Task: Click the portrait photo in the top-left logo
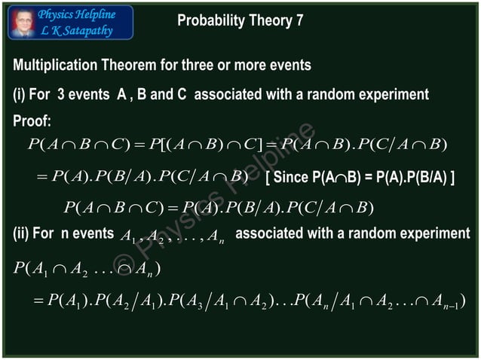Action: coord(22,23)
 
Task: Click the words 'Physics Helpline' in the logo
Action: coord(77,14)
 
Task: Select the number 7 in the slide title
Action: coord(299,20)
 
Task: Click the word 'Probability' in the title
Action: coord(208,20)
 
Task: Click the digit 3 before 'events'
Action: coord(61,96)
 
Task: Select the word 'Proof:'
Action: coord(32,121)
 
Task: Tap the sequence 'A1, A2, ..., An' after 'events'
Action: coord(171,236)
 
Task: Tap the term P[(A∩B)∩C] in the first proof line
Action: coord(206,145)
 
